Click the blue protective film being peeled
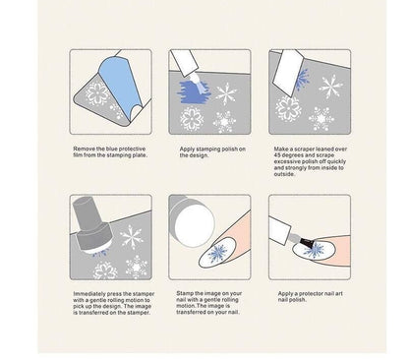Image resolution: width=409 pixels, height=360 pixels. click(x=120, y=83)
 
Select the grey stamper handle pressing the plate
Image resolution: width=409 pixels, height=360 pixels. click(x=90, y=226)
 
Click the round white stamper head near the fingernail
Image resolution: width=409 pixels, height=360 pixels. click(x=195, y=226)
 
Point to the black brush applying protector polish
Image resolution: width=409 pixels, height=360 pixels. click(x=307, y=243)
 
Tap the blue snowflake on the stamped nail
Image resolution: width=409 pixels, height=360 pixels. click(x=218, y=254)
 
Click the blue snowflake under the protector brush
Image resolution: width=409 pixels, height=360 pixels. click(x=315, y=251)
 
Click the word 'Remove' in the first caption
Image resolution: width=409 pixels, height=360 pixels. click(x=85, y=149)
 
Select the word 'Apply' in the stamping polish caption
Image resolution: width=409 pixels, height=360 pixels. click(x=187, y=149)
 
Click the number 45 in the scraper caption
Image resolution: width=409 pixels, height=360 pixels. click(x=277, y=155)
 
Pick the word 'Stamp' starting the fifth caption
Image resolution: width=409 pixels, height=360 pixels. click(x=185, y=293)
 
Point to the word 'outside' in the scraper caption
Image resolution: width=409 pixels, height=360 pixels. click(x=284, y=174)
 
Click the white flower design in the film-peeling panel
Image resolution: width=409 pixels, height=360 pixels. click(x=97, y=93)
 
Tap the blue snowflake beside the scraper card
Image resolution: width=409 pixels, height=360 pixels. click(x=302, y=80)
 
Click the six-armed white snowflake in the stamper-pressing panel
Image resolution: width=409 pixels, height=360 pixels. click(x=131, y=237)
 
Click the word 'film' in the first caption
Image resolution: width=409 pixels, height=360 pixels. click(x=78, y=155)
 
